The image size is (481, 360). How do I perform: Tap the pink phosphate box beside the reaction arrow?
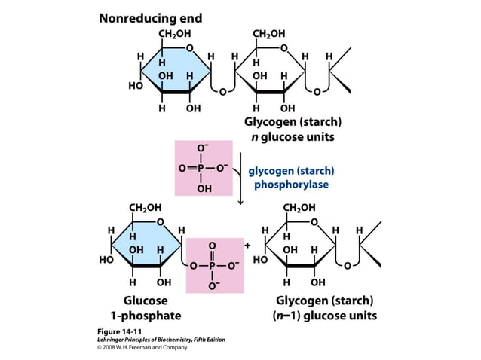pos(204,167)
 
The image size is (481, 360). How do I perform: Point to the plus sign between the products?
pos(247,245)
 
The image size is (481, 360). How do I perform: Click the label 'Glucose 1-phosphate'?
pos(146,308)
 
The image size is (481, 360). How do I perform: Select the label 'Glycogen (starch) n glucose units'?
pos(293,129)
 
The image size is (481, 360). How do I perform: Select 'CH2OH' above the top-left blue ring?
pos(173,34)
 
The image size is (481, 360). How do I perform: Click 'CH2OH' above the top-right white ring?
pos(268,34)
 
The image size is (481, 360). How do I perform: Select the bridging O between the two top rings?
pos(222,92)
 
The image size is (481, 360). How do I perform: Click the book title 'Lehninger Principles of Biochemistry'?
pos(151,340)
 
